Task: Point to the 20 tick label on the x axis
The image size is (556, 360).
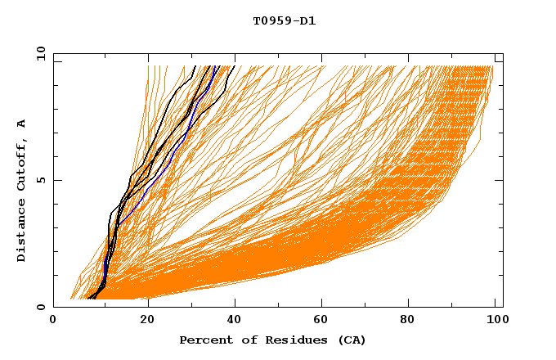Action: coord(148,321)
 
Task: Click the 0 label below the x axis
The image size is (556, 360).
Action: coord(54,321)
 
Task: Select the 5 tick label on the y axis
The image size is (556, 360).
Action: coord(40,180)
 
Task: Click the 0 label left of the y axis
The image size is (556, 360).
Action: coord(40,307)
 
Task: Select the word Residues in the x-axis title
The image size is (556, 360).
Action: coord(291,340)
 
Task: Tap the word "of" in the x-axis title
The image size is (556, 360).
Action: coord(246,340)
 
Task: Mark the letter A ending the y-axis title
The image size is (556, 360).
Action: coord(21,124)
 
